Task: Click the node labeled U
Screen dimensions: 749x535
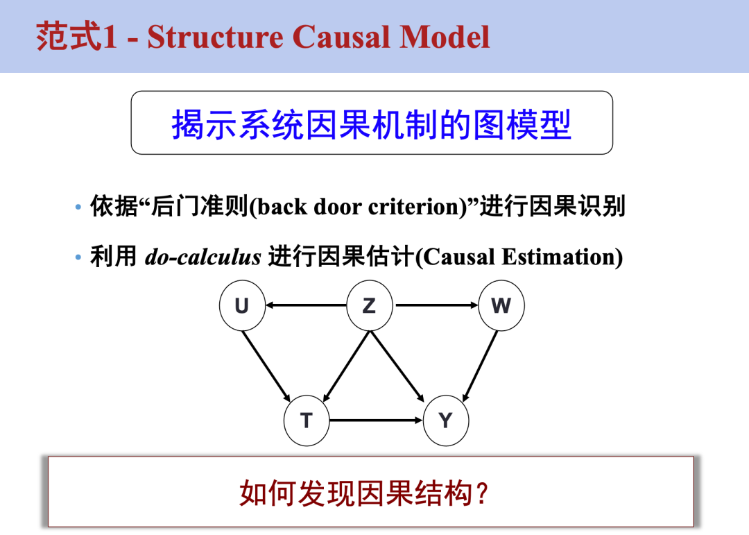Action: click(242, 305)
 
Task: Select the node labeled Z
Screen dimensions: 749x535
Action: click(369, 305)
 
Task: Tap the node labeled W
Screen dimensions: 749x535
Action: click(501, 305)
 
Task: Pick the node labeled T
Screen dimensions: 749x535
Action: click(307, 421)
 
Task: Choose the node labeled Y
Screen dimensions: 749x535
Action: click(445, 421)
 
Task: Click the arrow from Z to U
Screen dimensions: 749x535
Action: click(306, 305)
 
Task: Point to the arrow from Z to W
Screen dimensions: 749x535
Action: click(436, 305)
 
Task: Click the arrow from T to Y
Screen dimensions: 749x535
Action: click(376, 421)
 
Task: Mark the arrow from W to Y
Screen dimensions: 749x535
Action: click(481, 364)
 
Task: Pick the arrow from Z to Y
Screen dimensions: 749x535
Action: click(397, 365)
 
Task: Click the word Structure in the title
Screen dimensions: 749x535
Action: click(215, 37)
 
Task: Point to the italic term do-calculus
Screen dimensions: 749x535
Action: click(203, 257)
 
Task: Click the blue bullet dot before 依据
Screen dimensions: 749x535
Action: click(78, 207)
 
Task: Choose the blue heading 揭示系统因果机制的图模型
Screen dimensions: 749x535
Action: click(371, 125)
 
